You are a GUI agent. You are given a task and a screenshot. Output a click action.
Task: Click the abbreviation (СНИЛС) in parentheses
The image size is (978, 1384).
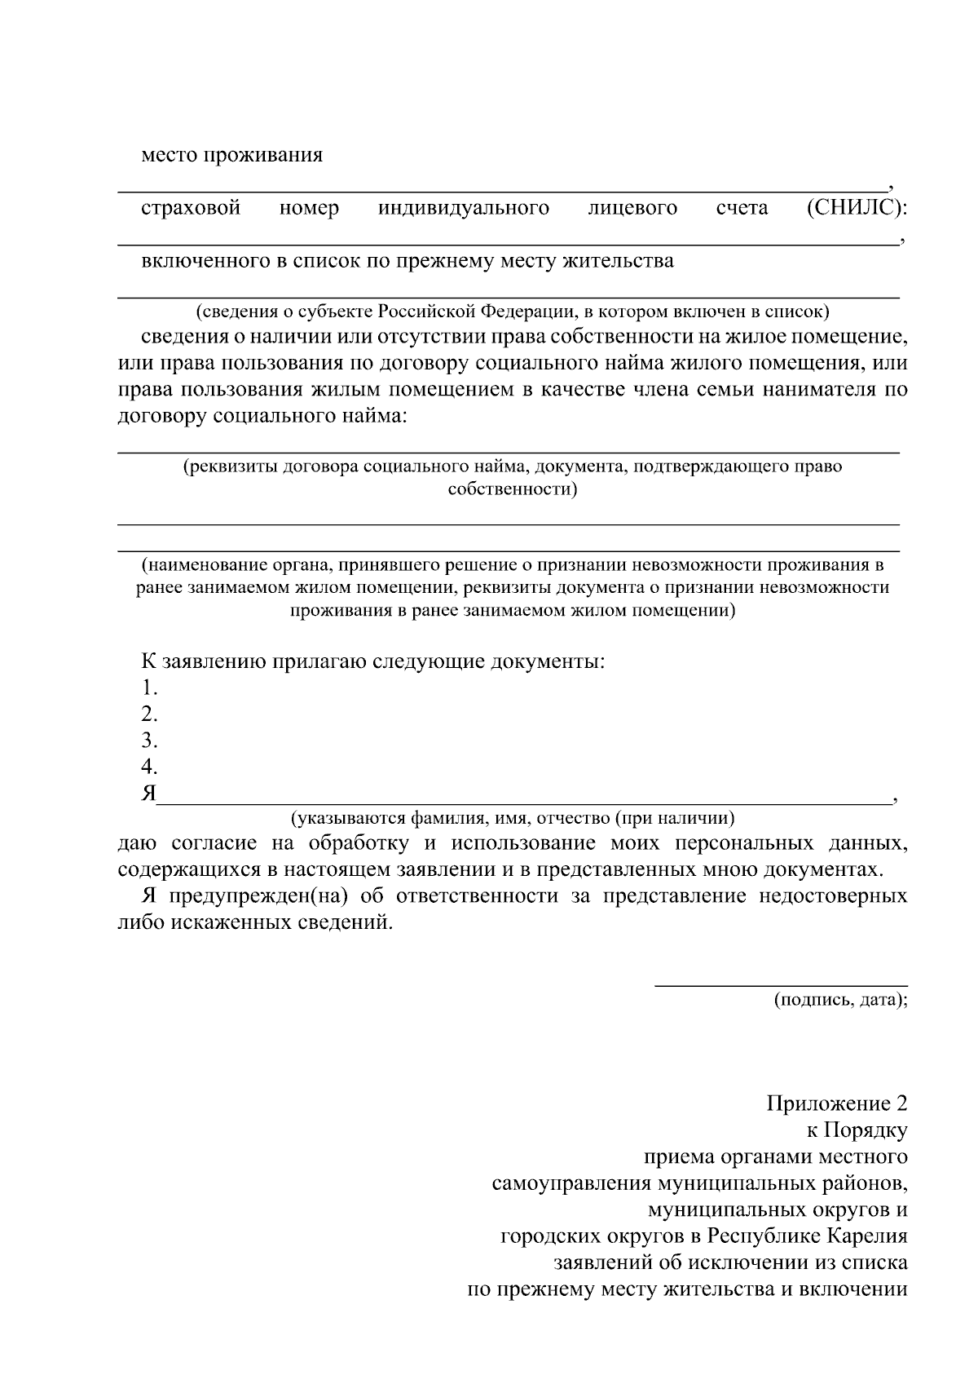tap(856, 208)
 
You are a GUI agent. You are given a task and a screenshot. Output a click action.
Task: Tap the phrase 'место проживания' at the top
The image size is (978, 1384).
tap(232, 155)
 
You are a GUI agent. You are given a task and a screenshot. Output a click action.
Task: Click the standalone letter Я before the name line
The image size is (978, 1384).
tap(148, 794)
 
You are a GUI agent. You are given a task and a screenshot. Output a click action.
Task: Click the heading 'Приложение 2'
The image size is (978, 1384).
tap(836, 1104)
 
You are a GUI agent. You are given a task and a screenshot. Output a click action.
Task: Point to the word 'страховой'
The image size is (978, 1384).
tap(192, 208)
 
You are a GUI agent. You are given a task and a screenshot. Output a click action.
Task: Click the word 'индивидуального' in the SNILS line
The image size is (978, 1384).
tap(463, 208)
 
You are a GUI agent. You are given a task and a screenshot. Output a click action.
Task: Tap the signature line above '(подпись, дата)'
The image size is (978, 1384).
tap(782, 986)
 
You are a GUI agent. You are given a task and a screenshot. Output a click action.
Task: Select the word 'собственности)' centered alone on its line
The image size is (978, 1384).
tap(513, 489)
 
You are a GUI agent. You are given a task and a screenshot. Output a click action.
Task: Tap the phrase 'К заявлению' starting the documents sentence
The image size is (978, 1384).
tap(200, 661)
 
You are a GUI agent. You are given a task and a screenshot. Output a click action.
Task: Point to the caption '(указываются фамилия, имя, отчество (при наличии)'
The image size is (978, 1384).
tap(513, 817)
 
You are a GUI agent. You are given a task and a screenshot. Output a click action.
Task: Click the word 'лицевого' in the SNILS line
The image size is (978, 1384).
tap(632, 208)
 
